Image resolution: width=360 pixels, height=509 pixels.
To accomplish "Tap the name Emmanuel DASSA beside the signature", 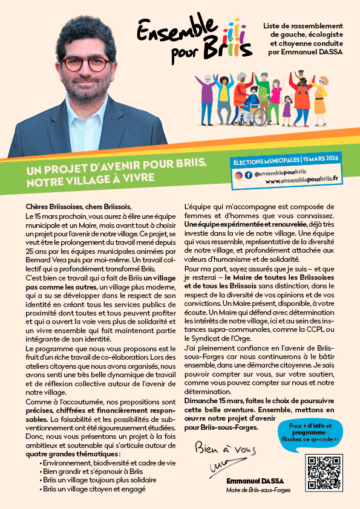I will tap(249, 481).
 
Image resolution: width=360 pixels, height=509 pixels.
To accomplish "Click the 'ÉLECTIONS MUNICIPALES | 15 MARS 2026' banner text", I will tap(288, 161).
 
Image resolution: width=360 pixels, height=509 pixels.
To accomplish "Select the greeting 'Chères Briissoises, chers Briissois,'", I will tap(78, 206).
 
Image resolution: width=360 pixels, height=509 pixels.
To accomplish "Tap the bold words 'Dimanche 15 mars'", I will tap(213, 400).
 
